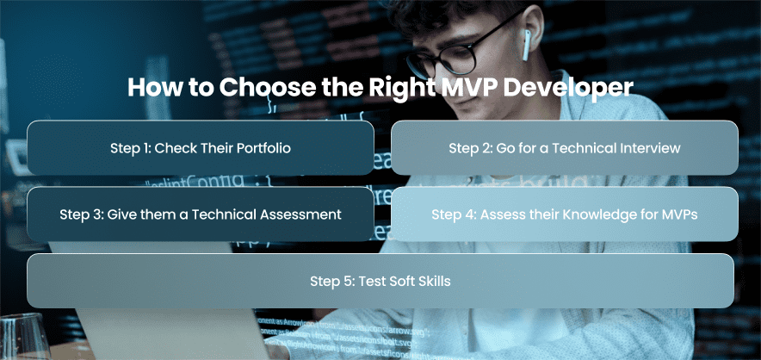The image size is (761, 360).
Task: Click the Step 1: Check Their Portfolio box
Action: pyautogui.click(x=201, y=147)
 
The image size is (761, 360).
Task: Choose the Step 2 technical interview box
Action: pyautogui.click(x=565, y=147)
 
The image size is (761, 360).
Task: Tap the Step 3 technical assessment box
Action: pyautogui.click(x=201, y=214)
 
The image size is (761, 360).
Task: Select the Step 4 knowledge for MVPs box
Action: pyautogui.click(x=565, y=214)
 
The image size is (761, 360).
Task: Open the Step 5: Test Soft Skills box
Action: pyautogui.click(x=380, y=281)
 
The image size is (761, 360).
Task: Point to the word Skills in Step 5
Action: pyautogui.click(x=435, y=281)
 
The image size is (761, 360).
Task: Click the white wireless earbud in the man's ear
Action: pyautogui.click(x=526, y=45)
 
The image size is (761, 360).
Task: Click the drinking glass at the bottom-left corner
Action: pyautogui.click(x=24, y=336)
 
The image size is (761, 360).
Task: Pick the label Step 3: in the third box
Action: pyautogui.click(x=82, y=214)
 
